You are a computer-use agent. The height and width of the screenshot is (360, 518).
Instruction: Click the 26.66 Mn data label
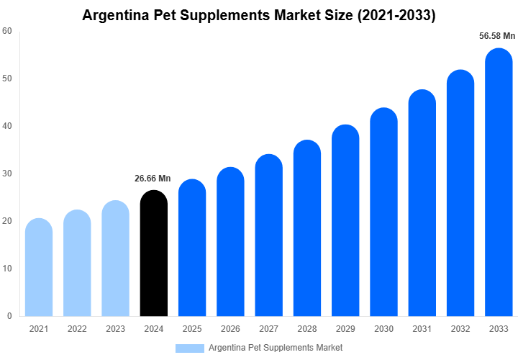(x=153, y=179)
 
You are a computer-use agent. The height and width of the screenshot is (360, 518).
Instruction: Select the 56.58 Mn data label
(x=497, y=36)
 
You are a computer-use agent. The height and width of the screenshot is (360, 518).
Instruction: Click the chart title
(x=259, y=14)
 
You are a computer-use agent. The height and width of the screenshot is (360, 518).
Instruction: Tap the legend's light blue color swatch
(x=190, y=348)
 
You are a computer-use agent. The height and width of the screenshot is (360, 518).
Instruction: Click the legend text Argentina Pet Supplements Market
(x=276, y=348)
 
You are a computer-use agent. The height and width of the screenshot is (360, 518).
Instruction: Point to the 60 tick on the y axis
(x=6, y=31)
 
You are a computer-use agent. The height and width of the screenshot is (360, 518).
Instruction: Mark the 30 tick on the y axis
(x=6, y=174)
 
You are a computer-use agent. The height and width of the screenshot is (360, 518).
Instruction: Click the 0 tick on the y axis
(x=9, y=316)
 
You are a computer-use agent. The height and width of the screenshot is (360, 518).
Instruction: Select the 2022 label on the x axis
(x=77, y=329)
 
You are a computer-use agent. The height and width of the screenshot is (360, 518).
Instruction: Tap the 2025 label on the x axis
(x=192, y=329)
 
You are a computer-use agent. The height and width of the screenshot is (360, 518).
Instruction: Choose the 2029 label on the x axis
(x=345, y=329)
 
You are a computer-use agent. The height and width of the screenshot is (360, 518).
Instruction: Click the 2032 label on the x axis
(x=460, y=329)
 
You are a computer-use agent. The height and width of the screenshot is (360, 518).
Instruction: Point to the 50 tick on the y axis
(x=6, y=78)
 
